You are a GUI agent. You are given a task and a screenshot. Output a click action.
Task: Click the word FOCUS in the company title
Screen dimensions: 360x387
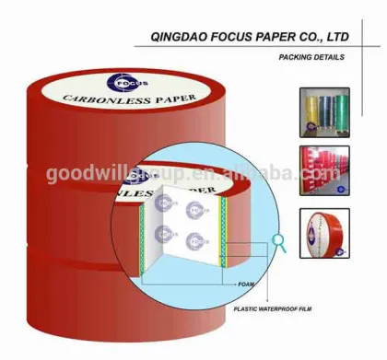pyautogui.click(x=225, y=38)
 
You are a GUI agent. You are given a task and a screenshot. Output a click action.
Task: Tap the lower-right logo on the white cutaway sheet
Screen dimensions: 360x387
pyautogui.click(x=193, y=241)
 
